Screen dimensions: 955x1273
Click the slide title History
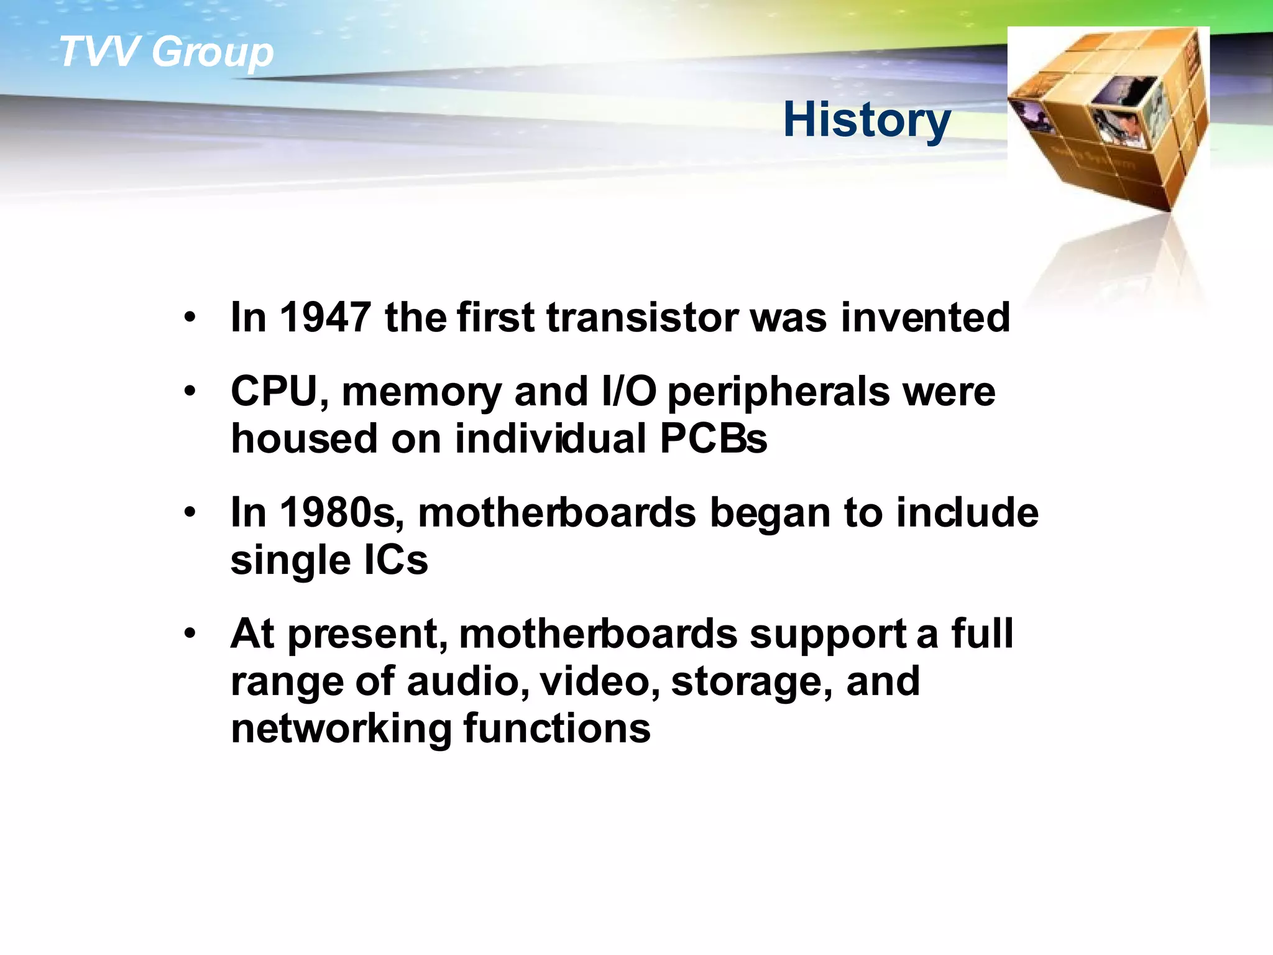coord(866,121)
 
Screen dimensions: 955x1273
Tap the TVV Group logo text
coord(166,52)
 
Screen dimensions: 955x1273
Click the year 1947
coord(325,318)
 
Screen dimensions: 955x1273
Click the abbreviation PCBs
coord(713,439)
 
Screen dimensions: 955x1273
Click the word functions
coord(557,728)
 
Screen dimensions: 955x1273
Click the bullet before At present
coord(190,634)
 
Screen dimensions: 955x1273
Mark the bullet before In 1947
coord(190,318)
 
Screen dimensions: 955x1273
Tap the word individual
coord(551,439)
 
